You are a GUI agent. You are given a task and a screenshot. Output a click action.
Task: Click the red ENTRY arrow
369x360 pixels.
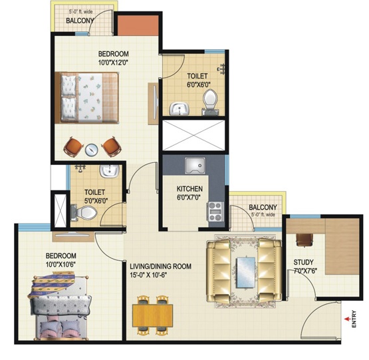(347, 319)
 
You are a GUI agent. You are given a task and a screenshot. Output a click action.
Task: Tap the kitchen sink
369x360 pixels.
(195, 166)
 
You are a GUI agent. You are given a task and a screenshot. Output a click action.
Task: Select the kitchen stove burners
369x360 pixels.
(215, 212)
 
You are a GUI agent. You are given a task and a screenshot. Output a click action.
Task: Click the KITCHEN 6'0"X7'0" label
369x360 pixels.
(189, 193)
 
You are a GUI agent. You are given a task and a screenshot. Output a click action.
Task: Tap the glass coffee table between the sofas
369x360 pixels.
(246, 272)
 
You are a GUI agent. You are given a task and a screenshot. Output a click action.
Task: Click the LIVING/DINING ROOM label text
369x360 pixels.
(161, 266)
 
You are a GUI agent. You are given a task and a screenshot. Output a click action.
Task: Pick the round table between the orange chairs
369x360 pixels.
(91, 149)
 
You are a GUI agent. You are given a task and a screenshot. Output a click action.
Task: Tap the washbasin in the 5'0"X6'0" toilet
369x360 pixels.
(110, 170)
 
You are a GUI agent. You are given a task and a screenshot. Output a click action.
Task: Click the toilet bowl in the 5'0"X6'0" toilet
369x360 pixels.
(84, 213)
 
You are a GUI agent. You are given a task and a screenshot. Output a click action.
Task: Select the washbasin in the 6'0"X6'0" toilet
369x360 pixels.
(180, 109)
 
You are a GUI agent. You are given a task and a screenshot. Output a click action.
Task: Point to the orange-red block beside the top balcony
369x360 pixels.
(138, 25)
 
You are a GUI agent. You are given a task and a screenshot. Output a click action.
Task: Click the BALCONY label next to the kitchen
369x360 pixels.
(263, 208)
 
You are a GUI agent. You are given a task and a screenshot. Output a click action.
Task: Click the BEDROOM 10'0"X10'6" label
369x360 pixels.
(61, 260)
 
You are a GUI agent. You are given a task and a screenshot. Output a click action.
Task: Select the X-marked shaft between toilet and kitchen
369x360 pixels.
(194, 135)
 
